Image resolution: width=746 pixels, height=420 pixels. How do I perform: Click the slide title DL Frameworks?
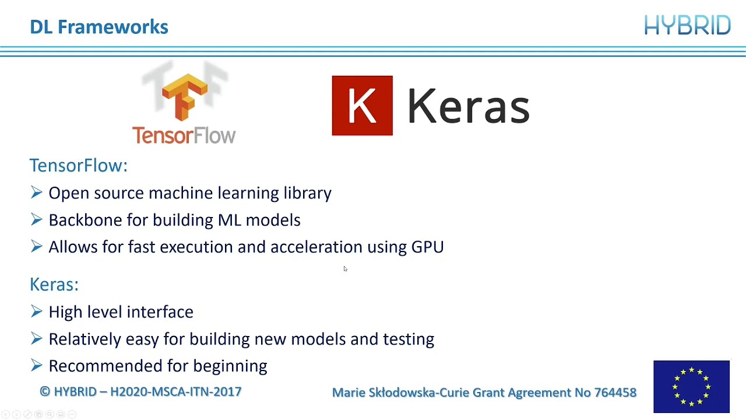(x=99, y=27)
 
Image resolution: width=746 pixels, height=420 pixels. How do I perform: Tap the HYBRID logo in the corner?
(x=687, y=26)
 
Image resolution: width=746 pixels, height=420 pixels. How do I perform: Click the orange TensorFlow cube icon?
(x=185, y=96)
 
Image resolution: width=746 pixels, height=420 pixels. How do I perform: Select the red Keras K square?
(x=362, y=106)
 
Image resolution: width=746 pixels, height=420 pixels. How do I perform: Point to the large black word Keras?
(x=468, y=107)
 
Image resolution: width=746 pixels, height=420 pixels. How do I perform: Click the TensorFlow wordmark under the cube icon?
(x=184, y=135)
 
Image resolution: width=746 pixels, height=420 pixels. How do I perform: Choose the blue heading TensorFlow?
(x=79, y=166)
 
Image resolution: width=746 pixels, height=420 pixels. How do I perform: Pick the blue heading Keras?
(x=54, y=285)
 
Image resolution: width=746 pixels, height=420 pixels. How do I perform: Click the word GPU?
(x=427, y=247)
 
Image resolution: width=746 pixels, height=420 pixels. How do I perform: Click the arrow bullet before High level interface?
(x=37, y=311)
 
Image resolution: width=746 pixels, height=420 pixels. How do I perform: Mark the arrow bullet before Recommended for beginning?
(x=37, y=366)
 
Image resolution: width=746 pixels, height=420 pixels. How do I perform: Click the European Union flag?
(x=691, y=386)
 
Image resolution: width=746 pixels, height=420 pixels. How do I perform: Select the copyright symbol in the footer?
(x=45, y=391)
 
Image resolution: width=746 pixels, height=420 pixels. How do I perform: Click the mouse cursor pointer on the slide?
(x=345, y=269)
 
